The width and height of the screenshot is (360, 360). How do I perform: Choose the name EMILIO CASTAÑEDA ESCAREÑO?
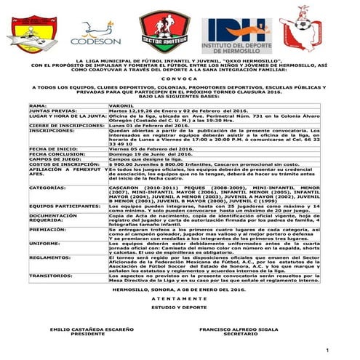(x=81, y=329)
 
